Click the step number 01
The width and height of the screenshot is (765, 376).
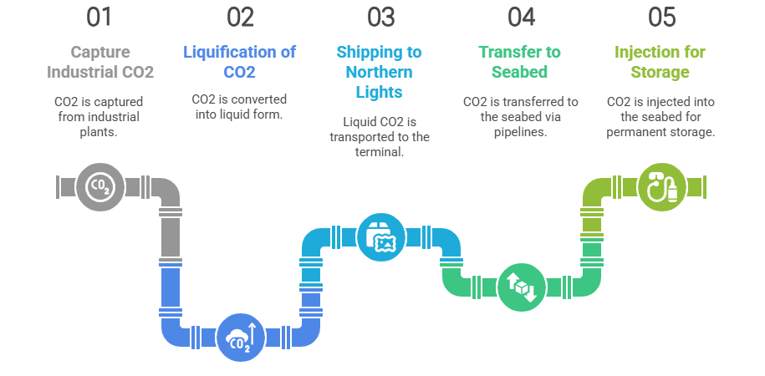[x=100, y=17]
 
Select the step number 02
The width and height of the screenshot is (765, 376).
[x=240, y=17]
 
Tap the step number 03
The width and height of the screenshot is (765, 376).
[x=380, y=17]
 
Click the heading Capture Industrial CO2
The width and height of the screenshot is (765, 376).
[x=100, y=62]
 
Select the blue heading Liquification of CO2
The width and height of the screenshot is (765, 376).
[x=240, y=62]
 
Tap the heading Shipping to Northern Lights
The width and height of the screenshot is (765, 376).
[x=380, y=72]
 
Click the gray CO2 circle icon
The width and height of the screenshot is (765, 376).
[x=98, y=185]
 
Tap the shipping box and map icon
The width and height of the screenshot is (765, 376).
[x=380, y=236]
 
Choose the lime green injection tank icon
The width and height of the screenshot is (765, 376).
[x=660, y=185]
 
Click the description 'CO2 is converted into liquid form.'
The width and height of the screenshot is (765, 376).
[x=240, y=107]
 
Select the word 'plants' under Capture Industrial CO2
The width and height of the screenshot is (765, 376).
[x=100, y=132]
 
